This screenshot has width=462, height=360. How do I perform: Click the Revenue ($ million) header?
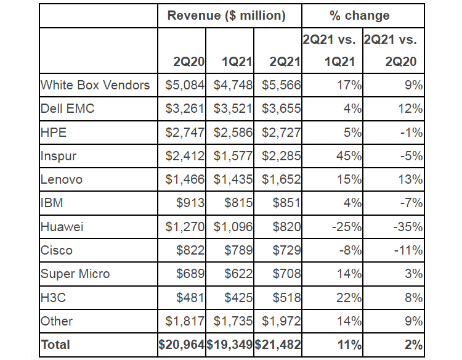point(226,16)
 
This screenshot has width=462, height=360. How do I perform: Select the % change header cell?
point(363,16)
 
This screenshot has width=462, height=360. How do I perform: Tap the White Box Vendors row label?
point(95,85)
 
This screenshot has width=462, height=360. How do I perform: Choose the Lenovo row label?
point(62,179)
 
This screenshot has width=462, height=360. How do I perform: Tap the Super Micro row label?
point(75,274)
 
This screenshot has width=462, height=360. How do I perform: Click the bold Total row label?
point(56,345)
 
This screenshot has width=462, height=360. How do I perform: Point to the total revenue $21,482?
point(278,345)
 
